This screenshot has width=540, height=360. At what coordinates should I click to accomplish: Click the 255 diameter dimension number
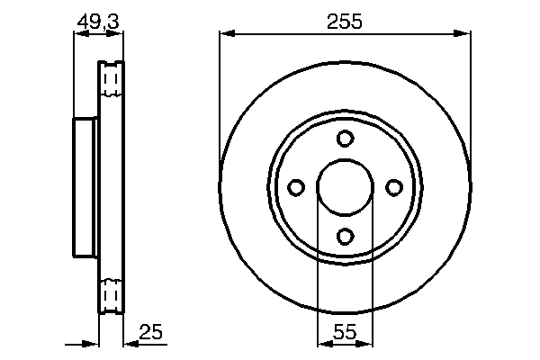click(x=345, y=22)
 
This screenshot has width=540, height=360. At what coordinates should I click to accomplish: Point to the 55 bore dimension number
click(x=345, y=333)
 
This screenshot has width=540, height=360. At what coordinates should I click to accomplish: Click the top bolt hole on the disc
click(x=345, y=139)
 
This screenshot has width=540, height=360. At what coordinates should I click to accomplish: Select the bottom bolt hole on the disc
click(x=345, y=236)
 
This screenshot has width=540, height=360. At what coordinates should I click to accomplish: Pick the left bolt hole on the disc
click(x=296, y=187)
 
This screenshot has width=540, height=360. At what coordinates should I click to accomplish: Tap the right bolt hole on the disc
click(x=393, y=187)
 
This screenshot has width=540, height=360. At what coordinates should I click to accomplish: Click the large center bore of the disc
click(x=345, y=187)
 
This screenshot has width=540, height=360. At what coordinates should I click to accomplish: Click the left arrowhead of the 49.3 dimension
click(x=79, y=35)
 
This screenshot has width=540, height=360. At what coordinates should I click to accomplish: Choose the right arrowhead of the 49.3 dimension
click(x=117, y=35)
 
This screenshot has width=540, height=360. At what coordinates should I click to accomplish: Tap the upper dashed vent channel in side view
click(x=111, y=83)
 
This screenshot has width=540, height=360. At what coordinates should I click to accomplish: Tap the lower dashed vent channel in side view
click(x=111, y=293)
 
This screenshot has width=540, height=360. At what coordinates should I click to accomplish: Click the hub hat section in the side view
click(x=85, y=187)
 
